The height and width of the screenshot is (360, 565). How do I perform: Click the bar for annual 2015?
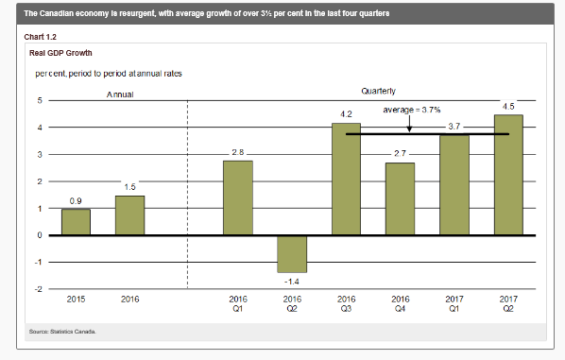click(76, 222)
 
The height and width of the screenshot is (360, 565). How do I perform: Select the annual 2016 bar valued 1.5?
click(129, 215)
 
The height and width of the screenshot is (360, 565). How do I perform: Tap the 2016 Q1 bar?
click(238, 197)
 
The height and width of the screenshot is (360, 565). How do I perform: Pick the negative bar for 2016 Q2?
click(292, 254)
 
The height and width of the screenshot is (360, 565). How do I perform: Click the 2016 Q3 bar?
click(346, 180)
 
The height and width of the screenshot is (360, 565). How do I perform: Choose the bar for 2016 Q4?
click(400, 199)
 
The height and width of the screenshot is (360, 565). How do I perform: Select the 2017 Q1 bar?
click(454, 185)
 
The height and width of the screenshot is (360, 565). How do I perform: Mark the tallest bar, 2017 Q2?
click(508, 175)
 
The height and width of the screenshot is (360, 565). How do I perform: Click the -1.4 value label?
click(292, 282)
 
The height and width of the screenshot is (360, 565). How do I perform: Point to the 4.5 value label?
click(508, 107)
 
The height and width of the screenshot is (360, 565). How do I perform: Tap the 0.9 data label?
click(76, 200)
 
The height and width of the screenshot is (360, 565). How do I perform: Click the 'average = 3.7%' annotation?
click(412, 110)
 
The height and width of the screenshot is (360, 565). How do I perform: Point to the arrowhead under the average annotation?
click(409, 129)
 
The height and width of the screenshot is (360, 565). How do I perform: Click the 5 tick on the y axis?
click(40, 100)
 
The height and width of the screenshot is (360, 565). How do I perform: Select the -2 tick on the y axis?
click(38, 289)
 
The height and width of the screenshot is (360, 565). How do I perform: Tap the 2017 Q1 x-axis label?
click(454, 304)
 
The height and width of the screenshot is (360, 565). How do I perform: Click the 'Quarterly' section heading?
click(378, 91)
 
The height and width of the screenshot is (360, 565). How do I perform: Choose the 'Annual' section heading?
click(120, 94)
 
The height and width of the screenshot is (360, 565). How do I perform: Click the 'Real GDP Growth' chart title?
click(60, 53)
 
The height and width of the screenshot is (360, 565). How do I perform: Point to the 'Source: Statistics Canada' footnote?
click(62, 332)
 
